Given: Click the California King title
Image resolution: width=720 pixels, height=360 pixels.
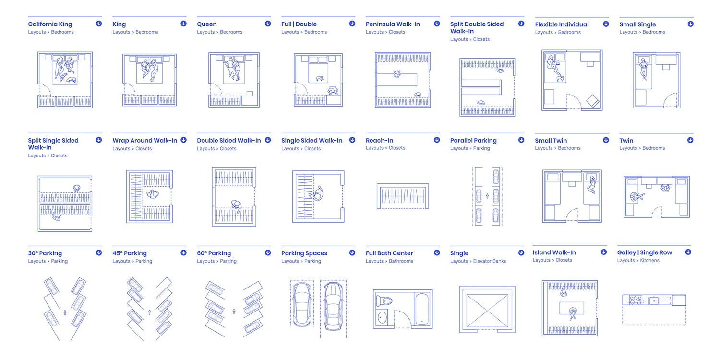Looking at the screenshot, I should [x=50, y=24].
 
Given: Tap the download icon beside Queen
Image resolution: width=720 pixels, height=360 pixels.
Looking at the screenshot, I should [x=268, y=24].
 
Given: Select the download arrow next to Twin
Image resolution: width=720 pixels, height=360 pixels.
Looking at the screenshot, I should [x=690, y=140].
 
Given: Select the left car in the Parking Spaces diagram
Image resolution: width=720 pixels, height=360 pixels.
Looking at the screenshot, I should [x=301, y=303].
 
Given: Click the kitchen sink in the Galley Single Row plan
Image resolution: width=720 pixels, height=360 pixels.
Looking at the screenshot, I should [x=653, y=300].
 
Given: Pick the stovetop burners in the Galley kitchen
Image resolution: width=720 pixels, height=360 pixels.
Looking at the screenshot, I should [x=636, y=300].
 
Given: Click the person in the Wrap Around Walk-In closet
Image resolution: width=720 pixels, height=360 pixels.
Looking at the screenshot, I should [x=153, y=195].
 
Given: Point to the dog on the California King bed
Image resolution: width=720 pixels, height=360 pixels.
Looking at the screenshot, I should [x=72, y=81].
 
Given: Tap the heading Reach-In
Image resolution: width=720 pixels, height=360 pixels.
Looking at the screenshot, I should [x=379, y=140].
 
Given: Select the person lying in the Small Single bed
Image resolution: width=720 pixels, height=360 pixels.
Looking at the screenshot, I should [x=644, y=69].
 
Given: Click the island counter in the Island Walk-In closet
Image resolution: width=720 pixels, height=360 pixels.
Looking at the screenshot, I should [x=572, y=307].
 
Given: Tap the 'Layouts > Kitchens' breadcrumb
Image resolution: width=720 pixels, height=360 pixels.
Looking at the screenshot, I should [x=638, y=260].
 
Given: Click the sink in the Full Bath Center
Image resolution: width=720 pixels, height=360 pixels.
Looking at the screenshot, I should [x=383, y=318].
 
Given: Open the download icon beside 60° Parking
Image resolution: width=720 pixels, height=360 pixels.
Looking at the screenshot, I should [x=268, y=252].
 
